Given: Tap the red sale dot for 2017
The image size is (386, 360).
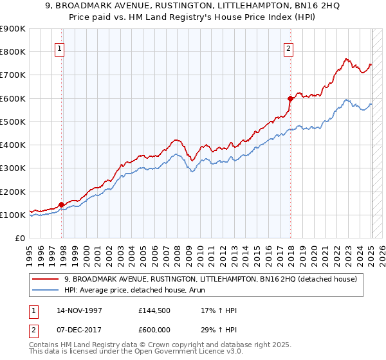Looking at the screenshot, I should [291, 98].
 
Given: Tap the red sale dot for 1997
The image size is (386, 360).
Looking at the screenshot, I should [62, 204].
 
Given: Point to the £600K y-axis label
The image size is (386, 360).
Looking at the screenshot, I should [13, 98].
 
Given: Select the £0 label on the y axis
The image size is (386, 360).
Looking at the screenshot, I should [19, 239].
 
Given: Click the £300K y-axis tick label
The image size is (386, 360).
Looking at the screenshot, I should [13, 168].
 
